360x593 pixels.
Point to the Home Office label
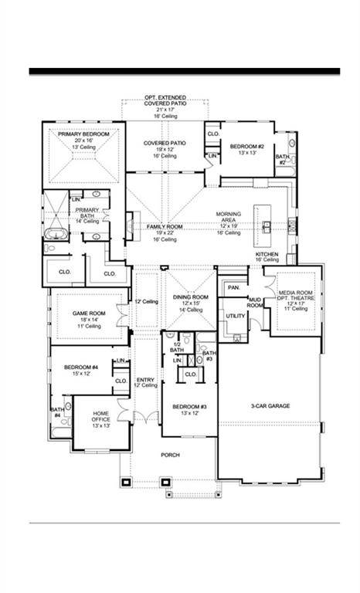106,414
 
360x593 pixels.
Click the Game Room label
88,313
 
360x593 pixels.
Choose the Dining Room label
190,297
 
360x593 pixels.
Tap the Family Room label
165,227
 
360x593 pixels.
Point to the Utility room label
235,316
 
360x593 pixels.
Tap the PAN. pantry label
233,288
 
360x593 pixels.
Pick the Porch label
170,455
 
